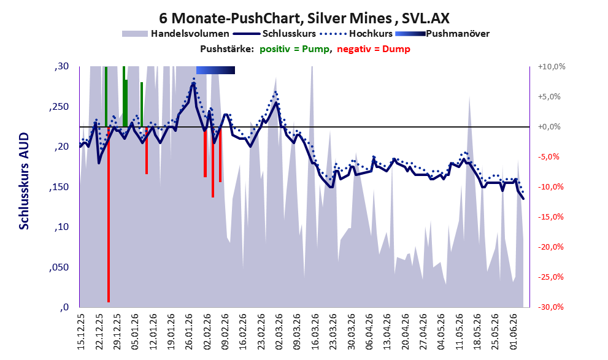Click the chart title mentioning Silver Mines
pos(304,18)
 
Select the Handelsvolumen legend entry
pos(175,34)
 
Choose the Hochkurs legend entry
pos(356,34)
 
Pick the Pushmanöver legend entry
pos(442,34)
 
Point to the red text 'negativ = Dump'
pos(374,49)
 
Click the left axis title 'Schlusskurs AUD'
pos(24,181)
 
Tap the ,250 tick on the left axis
pos(59,107)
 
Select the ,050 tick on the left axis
pos(59,267)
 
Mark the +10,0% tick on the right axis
pos(552,67)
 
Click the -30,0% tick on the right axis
pos(550,307)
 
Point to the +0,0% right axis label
pos(549,127)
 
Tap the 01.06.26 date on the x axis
pos(514,332)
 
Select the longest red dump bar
pos(109,214)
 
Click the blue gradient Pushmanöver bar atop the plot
pos(215,70)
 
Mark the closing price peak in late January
pos(193,83)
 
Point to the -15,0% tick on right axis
pos(550,217)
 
